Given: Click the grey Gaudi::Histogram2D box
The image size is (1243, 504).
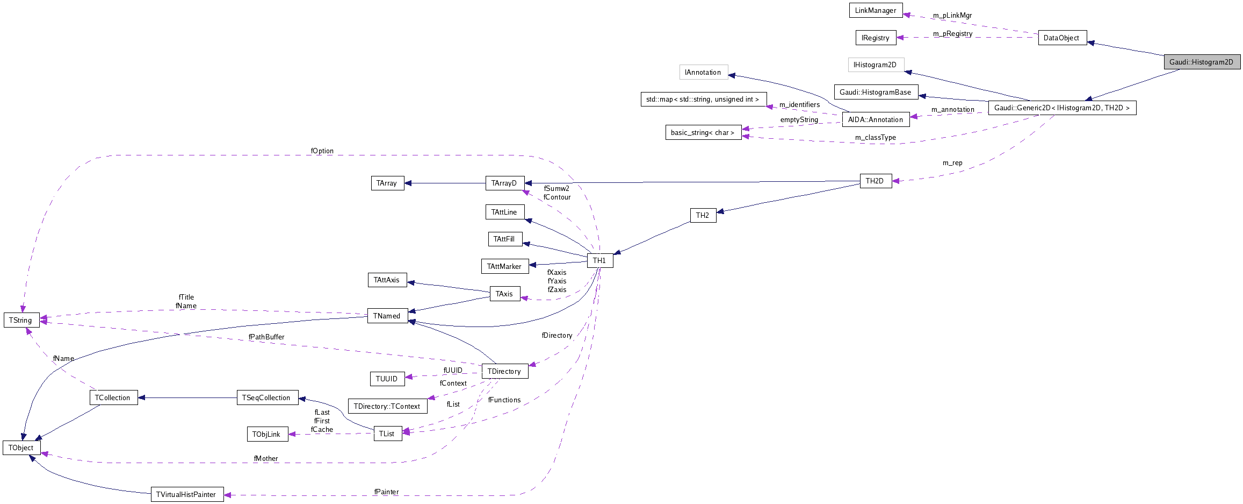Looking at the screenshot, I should point(1202,62).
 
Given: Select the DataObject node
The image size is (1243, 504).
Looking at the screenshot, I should point(1062,38).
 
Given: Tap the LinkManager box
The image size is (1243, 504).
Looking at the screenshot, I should point(876,10).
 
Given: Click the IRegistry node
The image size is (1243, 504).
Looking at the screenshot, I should point(875,38).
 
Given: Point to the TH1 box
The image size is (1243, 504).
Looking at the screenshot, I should point(599,260).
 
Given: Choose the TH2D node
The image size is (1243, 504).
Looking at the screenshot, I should point(875,181).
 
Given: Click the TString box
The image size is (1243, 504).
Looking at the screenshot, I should point(21,320).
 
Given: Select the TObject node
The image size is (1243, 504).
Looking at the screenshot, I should point(21,448).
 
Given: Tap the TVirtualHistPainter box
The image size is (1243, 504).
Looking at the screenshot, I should point(186,494).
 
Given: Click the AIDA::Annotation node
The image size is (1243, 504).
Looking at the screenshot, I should point(876,119).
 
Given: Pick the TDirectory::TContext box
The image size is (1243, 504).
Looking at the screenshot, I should point(387,406).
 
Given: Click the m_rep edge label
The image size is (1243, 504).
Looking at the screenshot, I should point(952,163).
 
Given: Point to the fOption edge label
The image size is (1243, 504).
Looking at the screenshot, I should point(322,151).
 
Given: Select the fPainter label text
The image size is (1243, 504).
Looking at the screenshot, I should point(387,492).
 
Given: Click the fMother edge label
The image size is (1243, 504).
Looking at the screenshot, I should point(266,459).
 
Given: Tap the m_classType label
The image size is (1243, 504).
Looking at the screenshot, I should point(876,138).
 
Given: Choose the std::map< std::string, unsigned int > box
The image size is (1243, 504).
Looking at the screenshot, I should point(703,100).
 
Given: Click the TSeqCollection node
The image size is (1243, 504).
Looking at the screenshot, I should point(267,397).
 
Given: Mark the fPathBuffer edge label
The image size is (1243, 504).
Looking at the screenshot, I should point(266,337).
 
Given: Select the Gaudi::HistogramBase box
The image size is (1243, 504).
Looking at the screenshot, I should point(876,92).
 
